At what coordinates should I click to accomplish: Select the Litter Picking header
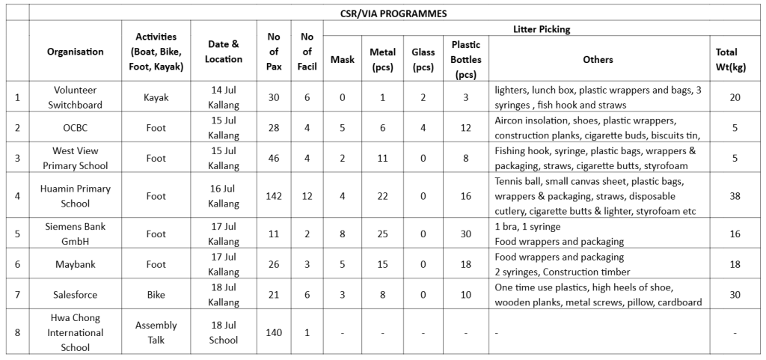(542, 29)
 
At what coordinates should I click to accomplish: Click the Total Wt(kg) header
(726, 58)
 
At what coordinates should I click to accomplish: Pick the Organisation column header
(76, 52)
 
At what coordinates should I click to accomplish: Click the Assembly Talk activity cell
(156, 332)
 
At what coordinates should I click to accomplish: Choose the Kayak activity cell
(156, 97)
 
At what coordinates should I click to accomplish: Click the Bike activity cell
(156, 295)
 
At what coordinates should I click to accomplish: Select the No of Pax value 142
(274, 196)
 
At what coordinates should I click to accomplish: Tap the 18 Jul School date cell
(224, 332)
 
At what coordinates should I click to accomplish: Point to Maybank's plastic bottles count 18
(465, 264)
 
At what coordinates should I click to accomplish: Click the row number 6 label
(17, 264)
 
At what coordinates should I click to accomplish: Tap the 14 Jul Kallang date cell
(224, 97)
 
